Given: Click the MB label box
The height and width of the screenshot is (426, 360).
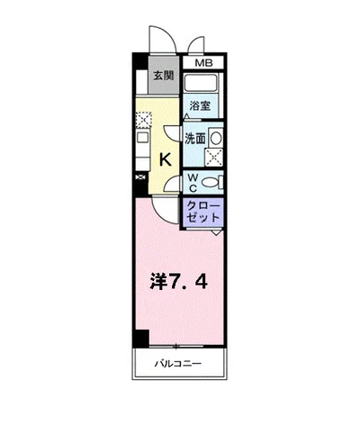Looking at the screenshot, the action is pos(203,63).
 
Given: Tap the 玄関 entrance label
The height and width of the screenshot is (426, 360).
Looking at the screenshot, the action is pos(164,76).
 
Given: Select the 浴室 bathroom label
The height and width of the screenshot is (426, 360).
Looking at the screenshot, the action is pos(200,105).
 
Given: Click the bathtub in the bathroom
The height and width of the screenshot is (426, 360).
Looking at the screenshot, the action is pos(201,83).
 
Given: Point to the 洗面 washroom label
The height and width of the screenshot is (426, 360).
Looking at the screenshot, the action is pos(195,139).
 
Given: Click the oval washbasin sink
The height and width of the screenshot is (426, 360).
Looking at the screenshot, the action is pos(216,139).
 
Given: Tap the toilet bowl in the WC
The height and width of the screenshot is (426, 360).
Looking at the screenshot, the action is pos(210,182).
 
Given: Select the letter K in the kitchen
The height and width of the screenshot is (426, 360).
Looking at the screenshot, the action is pos(166,159).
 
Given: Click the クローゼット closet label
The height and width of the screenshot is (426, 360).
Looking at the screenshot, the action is pos(203,212).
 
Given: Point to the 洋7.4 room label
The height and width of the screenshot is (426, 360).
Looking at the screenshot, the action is pos(178,282).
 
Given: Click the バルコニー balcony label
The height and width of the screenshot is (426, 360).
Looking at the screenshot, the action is pos(178,364).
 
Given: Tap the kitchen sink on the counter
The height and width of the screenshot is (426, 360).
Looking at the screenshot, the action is pos(142,138).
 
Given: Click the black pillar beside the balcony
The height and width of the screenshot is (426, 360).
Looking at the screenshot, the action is pos(141,339).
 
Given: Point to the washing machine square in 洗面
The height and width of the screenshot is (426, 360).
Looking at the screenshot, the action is pos(214,158).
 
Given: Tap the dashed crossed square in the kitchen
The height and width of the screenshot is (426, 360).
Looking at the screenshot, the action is pos(144,120).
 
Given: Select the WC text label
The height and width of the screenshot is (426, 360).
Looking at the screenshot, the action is pos(193,183).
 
